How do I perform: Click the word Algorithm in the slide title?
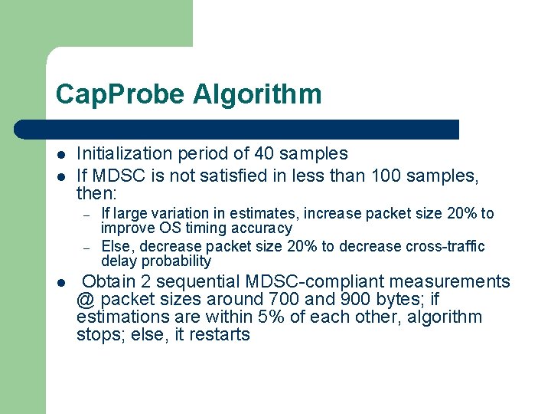click(x=257, y=95)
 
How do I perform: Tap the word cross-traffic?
click(x=447, y=246)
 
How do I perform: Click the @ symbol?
click(x=86, y=300)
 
